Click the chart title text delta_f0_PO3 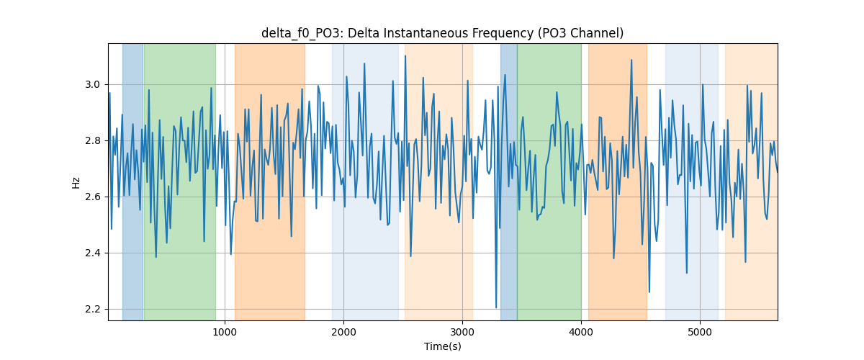click(302, 34)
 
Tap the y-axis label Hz click(76, 182)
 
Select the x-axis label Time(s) click(442, 346)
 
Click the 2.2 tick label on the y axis click(93, 310)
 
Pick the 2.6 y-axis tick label click(93, 197)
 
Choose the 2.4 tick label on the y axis click(93, 253)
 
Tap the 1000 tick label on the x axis click(225, 332)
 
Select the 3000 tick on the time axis click(462, 332)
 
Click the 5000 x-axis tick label click(700, 332)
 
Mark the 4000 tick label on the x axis click(581, 332)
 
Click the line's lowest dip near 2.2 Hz click(496, 307)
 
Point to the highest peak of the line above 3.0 click(405, 56)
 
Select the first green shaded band click(180, 181)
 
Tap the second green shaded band click(549, 181)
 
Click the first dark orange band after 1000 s click(269, 181)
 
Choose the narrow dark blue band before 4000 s click(509, 181)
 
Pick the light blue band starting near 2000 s click(365, 181)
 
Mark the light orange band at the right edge click(752, 181)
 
